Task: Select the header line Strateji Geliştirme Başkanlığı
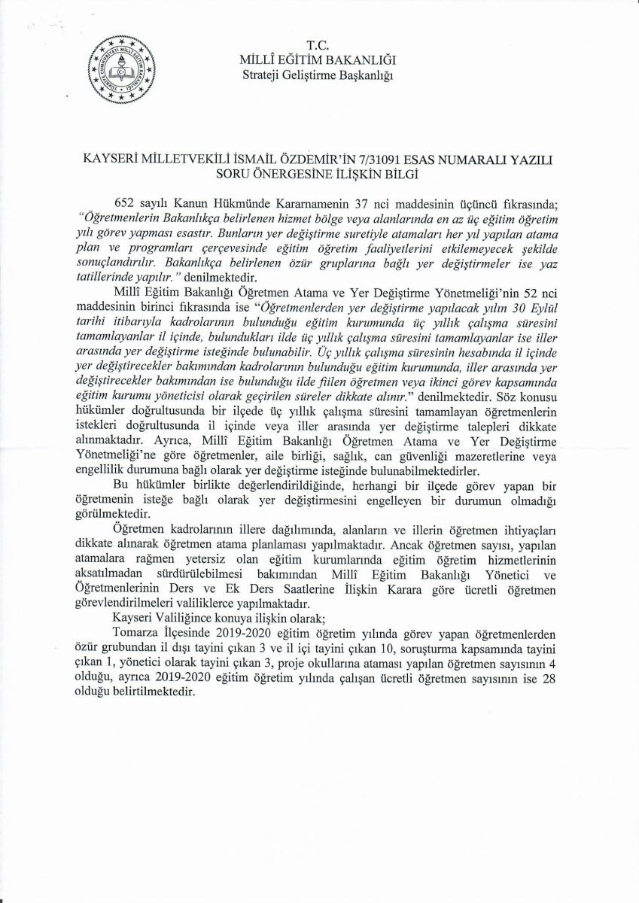(318, 74)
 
